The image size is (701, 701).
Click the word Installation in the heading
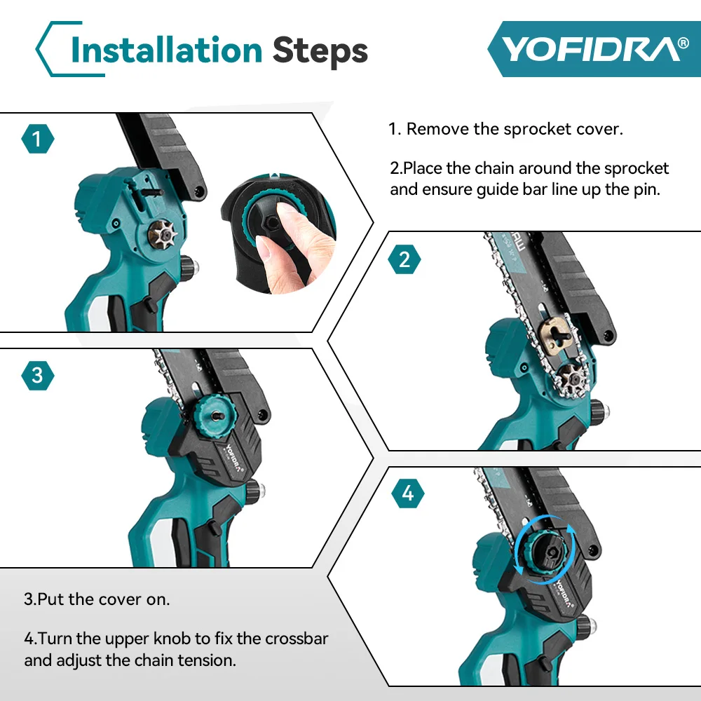pos(166,50)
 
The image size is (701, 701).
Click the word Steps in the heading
pos(320,51)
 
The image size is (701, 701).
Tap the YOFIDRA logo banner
pos(594,49)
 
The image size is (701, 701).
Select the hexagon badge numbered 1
pos(38,139)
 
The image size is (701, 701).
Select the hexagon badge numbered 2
pos(404,259)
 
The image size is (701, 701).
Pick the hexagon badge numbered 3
pos(38,376)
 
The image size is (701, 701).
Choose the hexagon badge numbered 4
pos(408,493)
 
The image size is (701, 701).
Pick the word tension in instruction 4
pos(207,660)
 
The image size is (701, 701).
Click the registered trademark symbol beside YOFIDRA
pos(683,43)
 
